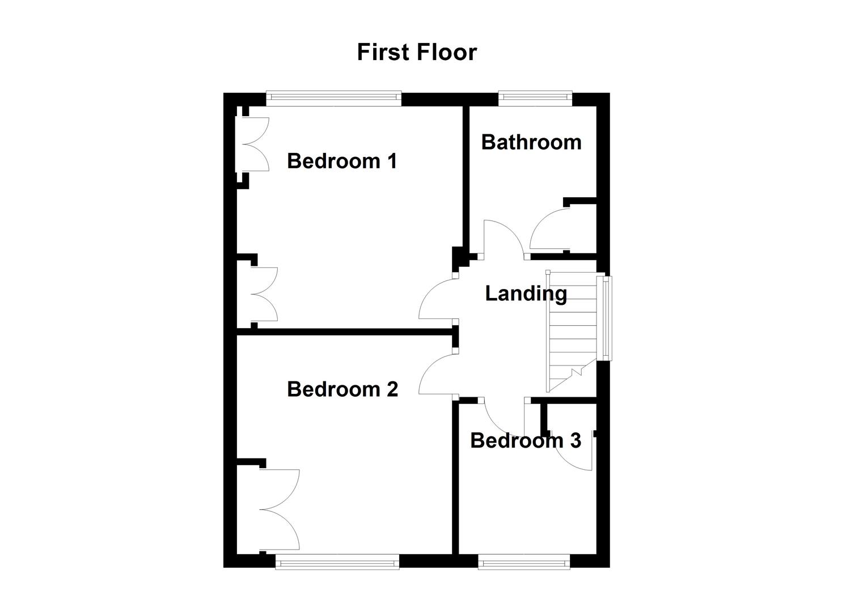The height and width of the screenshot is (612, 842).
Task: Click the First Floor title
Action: point(417,52)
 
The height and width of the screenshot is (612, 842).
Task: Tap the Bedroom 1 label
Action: point(341,161)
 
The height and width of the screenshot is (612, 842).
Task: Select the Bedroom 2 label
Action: point(342,389)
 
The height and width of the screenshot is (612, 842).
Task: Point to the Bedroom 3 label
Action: point(525,440)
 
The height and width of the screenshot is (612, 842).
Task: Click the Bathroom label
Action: point(531,142)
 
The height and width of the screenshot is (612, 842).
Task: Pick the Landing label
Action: point(526,294)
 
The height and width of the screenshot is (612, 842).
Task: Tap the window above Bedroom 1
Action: point(334,98)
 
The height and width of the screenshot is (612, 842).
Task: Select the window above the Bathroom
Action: point(535,98)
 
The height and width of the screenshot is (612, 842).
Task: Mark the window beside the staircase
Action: point(607,318)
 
